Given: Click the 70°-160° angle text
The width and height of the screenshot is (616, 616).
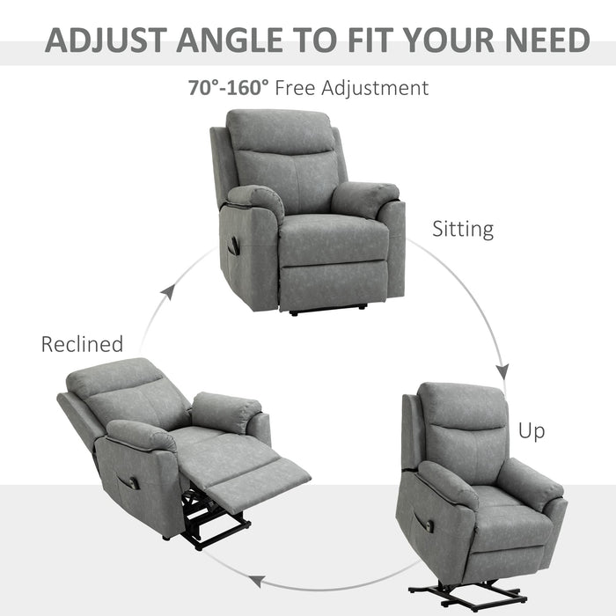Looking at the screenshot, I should [x=227, y=88].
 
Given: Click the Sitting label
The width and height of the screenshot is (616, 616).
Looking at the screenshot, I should [x=462, y=231].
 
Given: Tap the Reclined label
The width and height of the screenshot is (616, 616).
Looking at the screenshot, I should [x=82, y=344].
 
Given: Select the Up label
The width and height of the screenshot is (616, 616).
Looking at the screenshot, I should [x=531, y=431].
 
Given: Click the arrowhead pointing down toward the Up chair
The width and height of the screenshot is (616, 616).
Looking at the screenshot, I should [x=503, y=370].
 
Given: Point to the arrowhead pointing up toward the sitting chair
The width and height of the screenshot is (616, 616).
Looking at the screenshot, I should [x=169, y=290].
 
